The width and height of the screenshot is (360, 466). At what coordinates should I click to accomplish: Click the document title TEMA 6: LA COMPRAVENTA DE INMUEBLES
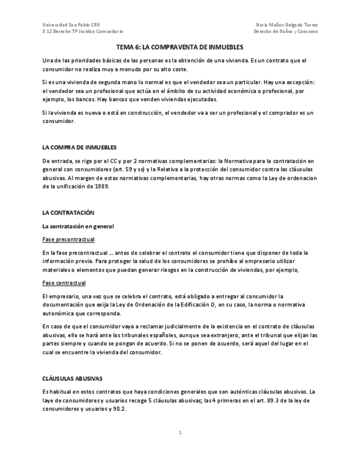180,47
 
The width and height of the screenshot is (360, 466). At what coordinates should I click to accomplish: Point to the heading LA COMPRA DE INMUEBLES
79,148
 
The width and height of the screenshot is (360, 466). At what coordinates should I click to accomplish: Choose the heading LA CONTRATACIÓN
69,212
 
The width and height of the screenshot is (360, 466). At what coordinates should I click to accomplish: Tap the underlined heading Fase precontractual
69,239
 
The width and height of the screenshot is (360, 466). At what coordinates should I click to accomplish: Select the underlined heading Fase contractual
64,282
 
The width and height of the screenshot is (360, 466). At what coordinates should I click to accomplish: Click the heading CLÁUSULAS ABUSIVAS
72,379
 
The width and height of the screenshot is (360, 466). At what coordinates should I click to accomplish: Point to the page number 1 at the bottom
180,432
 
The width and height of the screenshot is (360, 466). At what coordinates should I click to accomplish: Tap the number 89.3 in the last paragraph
261,401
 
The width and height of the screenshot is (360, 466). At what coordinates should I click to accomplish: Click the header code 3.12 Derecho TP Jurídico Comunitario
83,31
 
